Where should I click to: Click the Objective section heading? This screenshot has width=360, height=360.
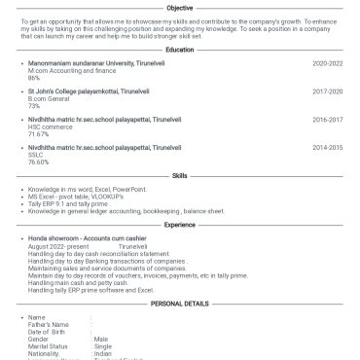pyautogui.click(x=179, y=8)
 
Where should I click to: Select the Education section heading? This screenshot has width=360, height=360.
pyautogui.click(x=179, y=50)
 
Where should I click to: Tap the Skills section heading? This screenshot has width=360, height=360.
pyautogui.click(x=179, y=176)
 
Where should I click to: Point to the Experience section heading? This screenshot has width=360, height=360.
pyautogui.click(x=179, y=225)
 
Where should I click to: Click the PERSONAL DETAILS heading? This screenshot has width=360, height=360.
pyautogui.click(x=179, y=304)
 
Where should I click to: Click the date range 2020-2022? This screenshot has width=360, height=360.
pyautogui.click(x=327, y=62)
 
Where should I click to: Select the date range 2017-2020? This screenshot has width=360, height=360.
pyautogui.click(x=327, y=90)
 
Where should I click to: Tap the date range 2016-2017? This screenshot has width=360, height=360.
pyautogui.click(x=327, y=119)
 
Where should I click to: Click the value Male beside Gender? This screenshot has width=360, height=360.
pyautogui.click(x=101, y=338)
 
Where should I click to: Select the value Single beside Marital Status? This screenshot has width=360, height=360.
pyautogui.click(x=103, y=345)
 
